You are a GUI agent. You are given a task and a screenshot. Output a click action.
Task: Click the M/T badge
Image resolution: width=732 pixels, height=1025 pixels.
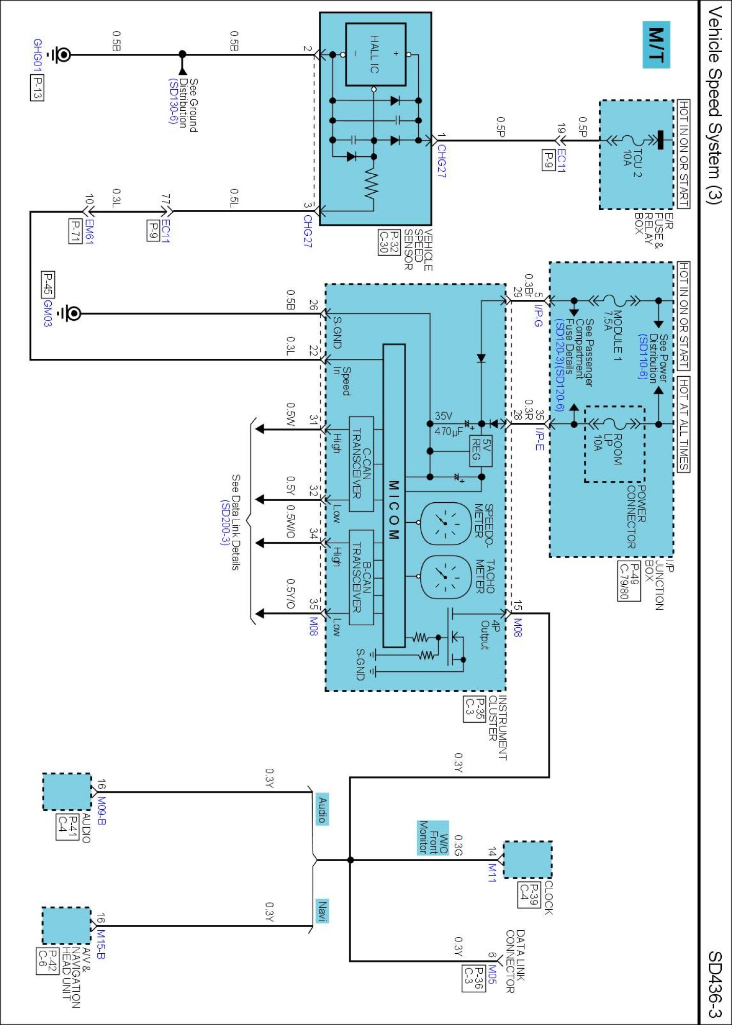tap(656, 45)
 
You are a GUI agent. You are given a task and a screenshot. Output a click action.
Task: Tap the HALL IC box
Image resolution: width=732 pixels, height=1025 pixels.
tap(376, 54)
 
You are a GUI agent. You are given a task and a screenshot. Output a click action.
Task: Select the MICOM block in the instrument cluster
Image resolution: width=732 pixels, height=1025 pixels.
tap(394, 496)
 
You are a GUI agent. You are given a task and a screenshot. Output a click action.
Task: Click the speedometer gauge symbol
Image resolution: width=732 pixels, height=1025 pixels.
tap(445, 523)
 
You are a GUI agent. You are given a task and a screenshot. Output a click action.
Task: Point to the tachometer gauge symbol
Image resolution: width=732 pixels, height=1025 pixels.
tap(445, 578)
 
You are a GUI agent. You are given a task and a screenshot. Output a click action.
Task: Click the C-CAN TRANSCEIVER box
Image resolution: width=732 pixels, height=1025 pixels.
tap(361, 464)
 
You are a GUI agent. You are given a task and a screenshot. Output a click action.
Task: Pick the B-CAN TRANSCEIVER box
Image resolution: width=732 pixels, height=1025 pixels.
tap(361, 577)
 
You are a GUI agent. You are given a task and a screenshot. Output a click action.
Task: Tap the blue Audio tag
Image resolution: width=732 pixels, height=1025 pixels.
tap(321, 810)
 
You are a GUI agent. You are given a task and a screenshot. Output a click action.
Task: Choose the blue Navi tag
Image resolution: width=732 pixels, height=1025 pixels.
tap(321, 911)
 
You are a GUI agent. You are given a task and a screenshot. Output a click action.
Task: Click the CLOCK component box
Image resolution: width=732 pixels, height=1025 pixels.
tap(527, 859)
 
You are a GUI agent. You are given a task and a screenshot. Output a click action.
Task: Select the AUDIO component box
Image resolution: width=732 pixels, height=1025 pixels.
tap(67, 792)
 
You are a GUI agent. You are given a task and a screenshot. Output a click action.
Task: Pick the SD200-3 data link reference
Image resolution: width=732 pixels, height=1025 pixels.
tap(225, 523)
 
